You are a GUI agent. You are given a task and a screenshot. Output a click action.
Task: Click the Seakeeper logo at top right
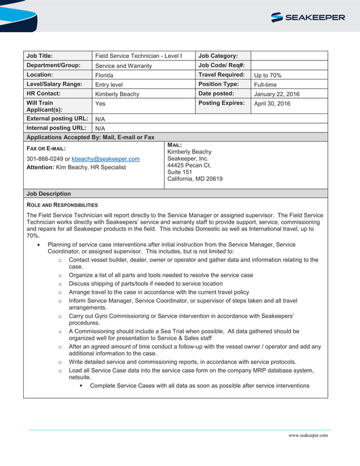[308, 17]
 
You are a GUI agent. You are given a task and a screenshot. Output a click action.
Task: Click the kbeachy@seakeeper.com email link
[106, 159]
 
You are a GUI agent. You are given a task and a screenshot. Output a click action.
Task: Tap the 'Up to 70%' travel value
[267, 75]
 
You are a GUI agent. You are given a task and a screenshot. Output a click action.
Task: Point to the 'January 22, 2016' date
[276, 94]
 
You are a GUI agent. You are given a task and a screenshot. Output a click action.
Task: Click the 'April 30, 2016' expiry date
[272, 104]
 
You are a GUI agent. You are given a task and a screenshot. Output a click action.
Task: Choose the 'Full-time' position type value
[265, 85]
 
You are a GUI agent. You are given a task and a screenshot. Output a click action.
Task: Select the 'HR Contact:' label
[43, 94]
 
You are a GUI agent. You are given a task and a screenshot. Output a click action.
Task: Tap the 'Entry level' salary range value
[109, 85]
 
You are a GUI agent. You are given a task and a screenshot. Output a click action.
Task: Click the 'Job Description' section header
[49, 194]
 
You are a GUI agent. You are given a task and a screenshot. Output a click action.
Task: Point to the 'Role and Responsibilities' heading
[62, 205]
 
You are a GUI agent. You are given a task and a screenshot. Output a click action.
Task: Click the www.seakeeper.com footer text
[308, 436]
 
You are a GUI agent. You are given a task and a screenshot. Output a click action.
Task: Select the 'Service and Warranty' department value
[123, 66]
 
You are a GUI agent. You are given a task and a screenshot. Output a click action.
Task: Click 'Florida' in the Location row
[104, 75]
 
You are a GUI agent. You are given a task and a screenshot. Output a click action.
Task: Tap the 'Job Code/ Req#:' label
[222, 65]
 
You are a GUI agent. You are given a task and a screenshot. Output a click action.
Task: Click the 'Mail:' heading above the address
[174, 145]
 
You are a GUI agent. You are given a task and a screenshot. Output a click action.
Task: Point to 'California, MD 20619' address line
[195, 179]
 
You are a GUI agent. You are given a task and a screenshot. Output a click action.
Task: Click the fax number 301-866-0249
[45, 159]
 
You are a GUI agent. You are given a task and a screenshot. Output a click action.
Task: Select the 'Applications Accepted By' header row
[90, 137]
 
